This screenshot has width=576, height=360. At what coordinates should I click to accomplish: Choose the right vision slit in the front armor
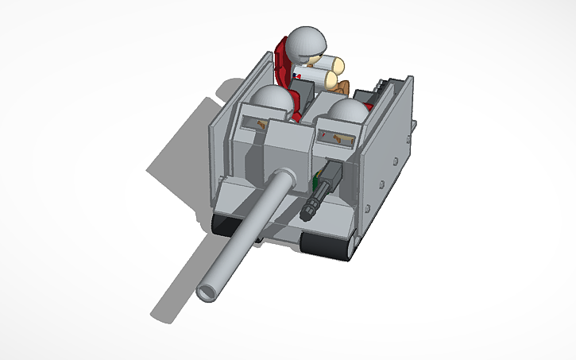(338, 140)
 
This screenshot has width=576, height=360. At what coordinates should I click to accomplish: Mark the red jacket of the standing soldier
(284, 68)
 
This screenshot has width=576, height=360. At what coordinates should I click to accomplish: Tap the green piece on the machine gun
(319, 184)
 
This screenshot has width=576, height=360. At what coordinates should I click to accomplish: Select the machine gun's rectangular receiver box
(332, 175)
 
